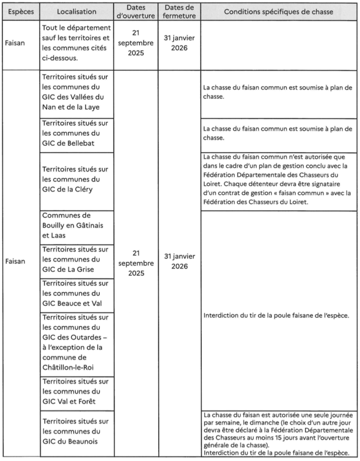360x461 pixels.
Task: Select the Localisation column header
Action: coord(76,11)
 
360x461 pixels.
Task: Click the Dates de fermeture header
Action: coord(179,11)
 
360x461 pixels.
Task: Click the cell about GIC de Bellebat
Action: coord(76,135)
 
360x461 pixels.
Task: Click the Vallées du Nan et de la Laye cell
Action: coord(76,94)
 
